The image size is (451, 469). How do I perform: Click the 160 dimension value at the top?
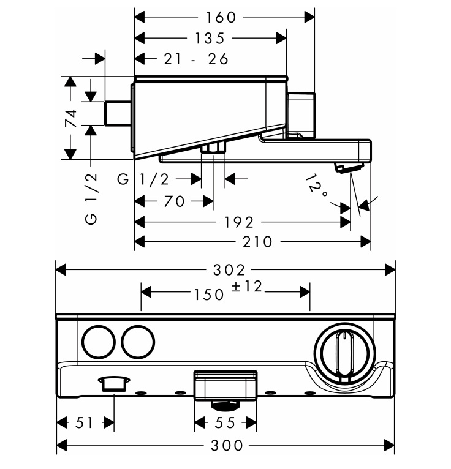pyautogui.click(x=221, y=17)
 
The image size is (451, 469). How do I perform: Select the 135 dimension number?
pyautogui.click(x=210, y=39)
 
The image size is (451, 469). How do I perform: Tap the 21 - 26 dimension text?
pyautogui.click(x=196, y=59)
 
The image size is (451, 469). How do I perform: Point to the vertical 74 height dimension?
pyautogui.click(x=71, y=118)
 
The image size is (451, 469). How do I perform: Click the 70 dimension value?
pyautogui.click(x=174, y=201)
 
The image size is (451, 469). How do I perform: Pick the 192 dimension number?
pyautogui.click(x=239, y=222)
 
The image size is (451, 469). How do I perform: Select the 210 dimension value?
pyautogui.click(x=257, y=242)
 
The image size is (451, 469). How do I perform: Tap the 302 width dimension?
pyautogui.click(x=229, y=270)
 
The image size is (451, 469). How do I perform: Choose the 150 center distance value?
pyautogui.click(x=209, y=295)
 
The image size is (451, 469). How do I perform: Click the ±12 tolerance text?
pyautogui.click(x=247, y=287)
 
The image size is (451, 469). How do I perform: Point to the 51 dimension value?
pyautogui.click(x=85, y=422)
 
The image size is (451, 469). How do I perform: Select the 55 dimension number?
pyautogui.click(x=225, y=422)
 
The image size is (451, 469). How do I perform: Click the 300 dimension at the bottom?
pyautogui.click(x=227, y=445)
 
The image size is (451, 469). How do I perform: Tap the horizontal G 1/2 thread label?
pyautogui.click(x=143, y=179)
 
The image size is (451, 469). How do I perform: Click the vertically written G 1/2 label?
pyautogui.click(x=91, y=198)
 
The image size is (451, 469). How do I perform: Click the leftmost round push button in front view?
pyautogui.click(x=99, y=342)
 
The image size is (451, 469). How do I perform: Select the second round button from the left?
pyautogui.click(x=138, y=342)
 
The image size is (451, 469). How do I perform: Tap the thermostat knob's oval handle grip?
pyautogui.click(x=345, y=356)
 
